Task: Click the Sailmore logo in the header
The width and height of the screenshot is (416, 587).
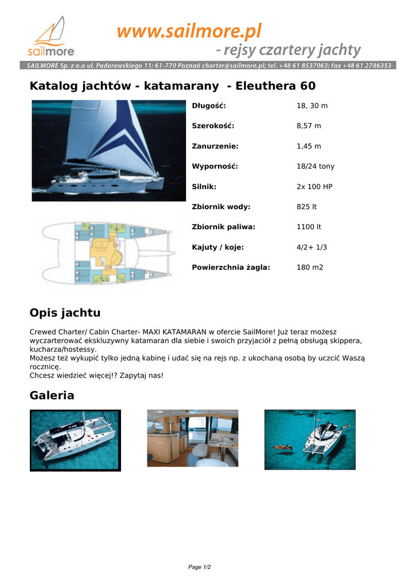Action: tap(53, 38)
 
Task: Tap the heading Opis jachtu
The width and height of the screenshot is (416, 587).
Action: tap(65, 312)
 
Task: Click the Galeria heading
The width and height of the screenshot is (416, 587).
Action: tap(52, 395)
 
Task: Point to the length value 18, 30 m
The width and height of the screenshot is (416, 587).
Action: tap(312, 105)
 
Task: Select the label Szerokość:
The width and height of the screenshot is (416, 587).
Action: tap(213, 126)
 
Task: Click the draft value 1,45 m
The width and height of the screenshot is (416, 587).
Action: tap(309, 146)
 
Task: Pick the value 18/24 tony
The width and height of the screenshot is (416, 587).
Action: tap(315, 166)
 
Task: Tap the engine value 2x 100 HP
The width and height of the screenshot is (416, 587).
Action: tap(314, 186)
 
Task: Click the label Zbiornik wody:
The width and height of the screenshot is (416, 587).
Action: tap(221, 206)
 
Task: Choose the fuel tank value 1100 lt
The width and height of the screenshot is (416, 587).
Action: tap(309, 226)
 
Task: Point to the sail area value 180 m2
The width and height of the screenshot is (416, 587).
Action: tap(310, 267)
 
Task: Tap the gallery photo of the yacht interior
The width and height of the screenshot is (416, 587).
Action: tap(192, 438)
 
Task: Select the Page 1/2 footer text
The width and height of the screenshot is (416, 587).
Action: tap(200, 567)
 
